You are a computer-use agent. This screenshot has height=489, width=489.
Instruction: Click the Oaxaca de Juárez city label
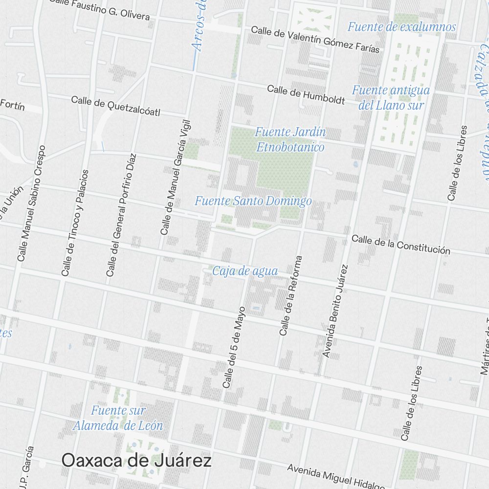coord(136,461)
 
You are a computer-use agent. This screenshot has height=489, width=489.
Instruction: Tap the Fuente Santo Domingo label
coord(253,201)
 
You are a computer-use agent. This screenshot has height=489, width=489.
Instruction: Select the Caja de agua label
coord(245,271)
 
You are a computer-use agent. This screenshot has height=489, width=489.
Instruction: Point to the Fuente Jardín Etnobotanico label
coord(290,139)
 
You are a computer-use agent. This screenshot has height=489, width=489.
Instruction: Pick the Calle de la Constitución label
coord(401,244)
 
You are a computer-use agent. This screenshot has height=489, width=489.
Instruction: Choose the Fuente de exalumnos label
coord(401,27)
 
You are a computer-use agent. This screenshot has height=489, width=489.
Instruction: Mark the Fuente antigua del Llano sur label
coord(391,97)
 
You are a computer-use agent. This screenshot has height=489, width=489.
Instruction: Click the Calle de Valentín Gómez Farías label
coord(315,39)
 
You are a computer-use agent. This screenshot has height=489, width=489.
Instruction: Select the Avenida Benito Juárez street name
coord(336,311)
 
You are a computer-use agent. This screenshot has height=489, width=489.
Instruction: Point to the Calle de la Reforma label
coord(291,295)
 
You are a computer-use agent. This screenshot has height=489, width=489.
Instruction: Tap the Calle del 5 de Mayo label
coord(234,348)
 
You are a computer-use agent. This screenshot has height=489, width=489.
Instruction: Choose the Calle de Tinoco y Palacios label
coord(75,222)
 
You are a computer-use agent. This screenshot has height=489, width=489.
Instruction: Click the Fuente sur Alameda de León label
coord(118,418)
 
